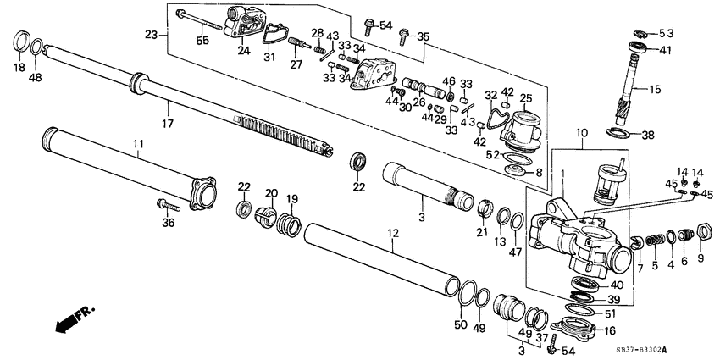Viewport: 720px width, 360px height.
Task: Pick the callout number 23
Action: click(x=152, y=36)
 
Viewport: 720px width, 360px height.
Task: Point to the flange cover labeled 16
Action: click(x=577, y=326)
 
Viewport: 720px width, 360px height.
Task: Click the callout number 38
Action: click(x=648, y=135)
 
